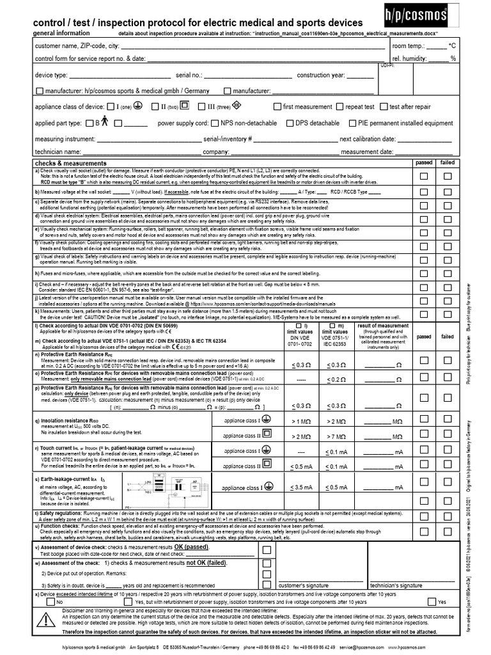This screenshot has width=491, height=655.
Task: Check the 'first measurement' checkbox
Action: [277, 107]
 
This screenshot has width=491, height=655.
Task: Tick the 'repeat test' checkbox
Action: [339, 107]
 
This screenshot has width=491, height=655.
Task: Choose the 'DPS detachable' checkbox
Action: [290, 123]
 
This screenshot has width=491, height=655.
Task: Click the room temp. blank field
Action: [437, 47]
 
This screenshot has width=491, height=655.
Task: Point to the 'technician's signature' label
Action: [396, 585]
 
